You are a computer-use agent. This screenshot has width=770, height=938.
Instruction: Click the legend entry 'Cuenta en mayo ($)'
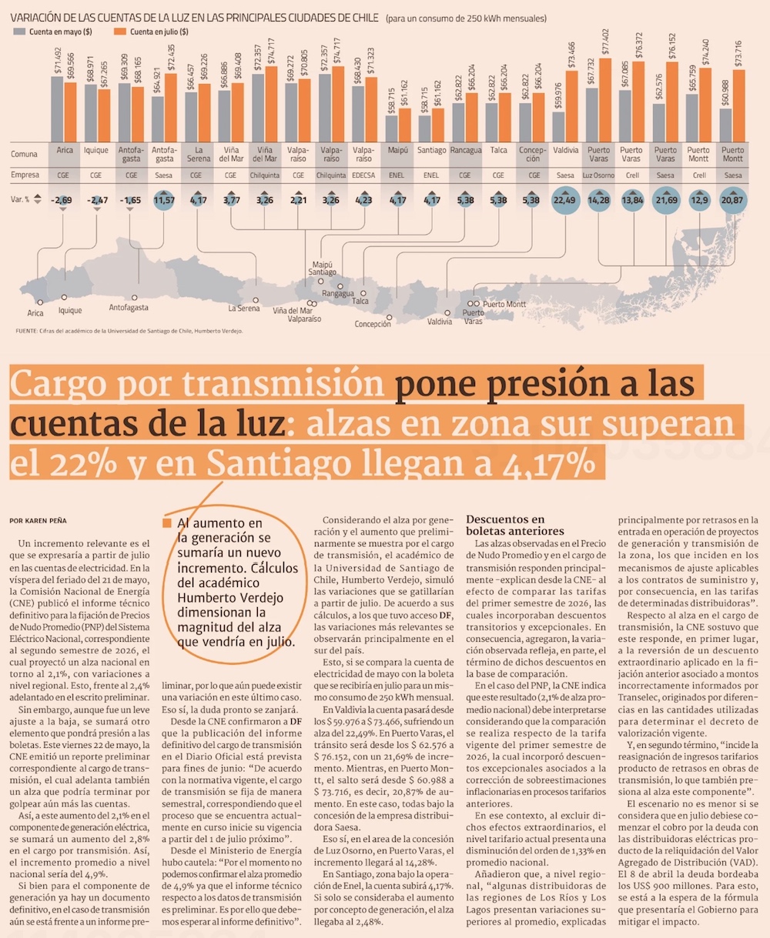coord(52,32)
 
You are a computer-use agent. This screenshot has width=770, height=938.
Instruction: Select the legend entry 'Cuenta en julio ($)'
coord(151,32)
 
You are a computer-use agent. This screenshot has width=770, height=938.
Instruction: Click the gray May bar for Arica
coord(57,109)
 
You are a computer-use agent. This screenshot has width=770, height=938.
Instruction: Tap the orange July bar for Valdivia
coord(572,107)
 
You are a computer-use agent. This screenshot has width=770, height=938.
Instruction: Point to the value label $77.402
coord(605,42)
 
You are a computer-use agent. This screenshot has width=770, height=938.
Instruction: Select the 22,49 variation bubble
coord(565,200)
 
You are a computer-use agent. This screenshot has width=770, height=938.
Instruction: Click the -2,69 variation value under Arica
coord(62,201)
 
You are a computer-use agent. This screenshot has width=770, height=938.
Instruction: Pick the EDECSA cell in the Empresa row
coord(363,175)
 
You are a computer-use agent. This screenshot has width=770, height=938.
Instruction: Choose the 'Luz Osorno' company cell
coord(598,175)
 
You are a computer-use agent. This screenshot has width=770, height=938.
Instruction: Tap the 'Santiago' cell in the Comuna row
coord(431,150)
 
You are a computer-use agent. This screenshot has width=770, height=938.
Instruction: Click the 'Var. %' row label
coord(20,200)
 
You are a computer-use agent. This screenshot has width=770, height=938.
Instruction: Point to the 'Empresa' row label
coord(25,175)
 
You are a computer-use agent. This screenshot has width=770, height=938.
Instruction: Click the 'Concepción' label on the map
coord(373,324)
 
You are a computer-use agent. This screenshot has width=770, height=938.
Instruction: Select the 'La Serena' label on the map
coord(243,309)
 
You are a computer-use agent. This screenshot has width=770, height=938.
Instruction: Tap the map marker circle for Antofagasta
coord(135,298)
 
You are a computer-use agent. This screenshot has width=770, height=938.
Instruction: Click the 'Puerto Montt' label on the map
coord(504,304)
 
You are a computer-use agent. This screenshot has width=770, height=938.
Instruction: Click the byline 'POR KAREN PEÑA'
coord(38,521)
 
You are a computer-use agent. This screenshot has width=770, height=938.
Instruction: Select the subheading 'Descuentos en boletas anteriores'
coord(515,526)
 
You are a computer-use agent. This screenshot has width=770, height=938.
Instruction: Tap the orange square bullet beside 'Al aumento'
coord(167,523)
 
